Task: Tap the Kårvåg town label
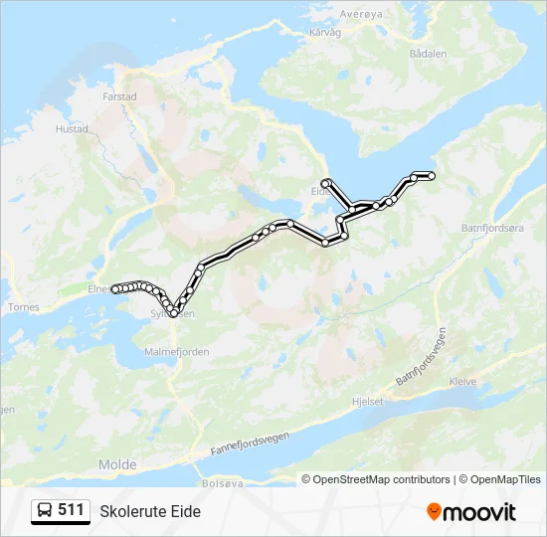[x=325, y=32]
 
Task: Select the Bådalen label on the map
[x=429, y=54]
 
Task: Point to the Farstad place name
[x=118, y=97]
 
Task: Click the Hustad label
[x=73, y=129]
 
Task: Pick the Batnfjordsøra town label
[x=492, y=228]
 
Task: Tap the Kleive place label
[x=462, y=381]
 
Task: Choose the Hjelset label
[x=367, y=402]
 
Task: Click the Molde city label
[x=117, y=464]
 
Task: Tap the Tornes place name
[x=23, y=307]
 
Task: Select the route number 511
[x=71, y=510]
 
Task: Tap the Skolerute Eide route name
[x=150, y=511]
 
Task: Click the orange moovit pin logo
[x=434, y=511]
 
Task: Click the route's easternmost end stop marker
[x=432, y=176]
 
